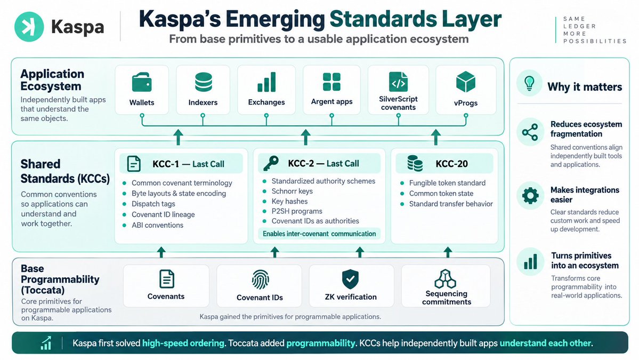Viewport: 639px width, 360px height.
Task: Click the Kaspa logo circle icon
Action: [29, 27]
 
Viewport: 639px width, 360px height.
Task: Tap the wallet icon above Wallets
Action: [142, 82]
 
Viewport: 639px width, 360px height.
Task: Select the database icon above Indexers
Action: [204, 82]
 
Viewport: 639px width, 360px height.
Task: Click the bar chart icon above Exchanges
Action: [266, 82]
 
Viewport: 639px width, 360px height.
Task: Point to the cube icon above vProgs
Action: [465, 82]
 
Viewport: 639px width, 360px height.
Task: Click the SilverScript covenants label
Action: [398, 103]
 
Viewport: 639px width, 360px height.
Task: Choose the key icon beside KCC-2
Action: [271, 164]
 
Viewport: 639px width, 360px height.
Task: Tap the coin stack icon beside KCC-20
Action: [415, 164]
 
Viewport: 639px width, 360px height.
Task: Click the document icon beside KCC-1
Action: [134, 164]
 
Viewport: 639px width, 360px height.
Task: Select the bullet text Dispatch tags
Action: [153, 204]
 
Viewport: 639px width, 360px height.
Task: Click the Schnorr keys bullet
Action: [292, 191]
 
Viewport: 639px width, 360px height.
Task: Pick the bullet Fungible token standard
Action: [447, 183]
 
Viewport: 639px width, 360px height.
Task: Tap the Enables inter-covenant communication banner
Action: [319, 234]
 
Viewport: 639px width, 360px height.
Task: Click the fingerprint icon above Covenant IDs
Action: [260, 279]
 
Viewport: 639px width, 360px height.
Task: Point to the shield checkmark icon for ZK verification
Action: [350, 279]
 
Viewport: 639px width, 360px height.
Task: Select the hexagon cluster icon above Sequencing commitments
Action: [445, 279]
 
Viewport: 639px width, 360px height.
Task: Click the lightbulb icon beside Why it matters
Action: [529, 83]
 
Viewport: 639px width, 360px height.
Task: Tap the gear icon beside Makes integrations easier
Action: [530, 196]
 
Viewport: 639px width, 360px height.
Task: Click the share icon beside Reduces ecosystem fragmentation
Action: [530, 132]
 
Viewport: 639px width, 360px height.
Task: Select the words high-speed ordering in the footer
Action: [183, 343]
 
